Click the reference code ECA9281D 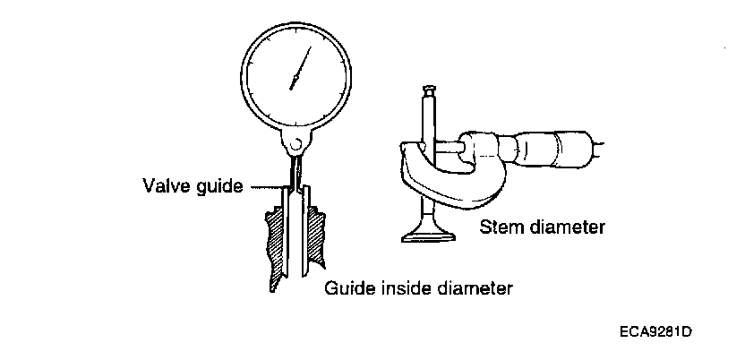[655, 332]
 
